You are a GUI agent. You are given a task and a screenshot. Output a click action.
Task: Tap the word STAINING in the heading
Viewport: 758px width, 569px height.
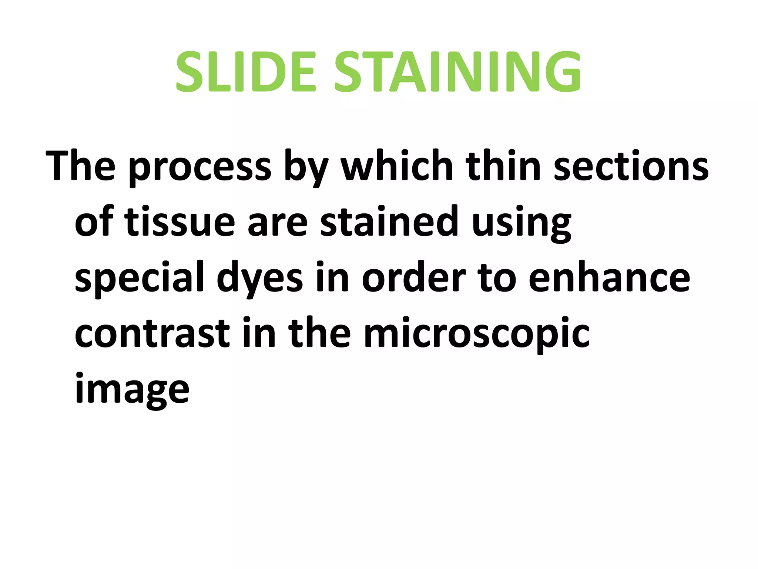(x=457, y=72)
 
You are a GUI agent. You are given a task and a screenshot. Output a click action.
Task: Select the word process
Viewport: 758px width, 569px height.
(x=200, y=167)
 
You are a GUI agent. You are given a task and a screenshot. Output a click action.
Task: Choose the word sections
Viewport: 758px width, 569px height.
(x=631, y=167)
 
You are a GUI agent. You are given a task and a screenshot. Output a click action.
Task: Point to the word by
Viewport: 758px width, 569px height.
(x=306, y=167)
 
